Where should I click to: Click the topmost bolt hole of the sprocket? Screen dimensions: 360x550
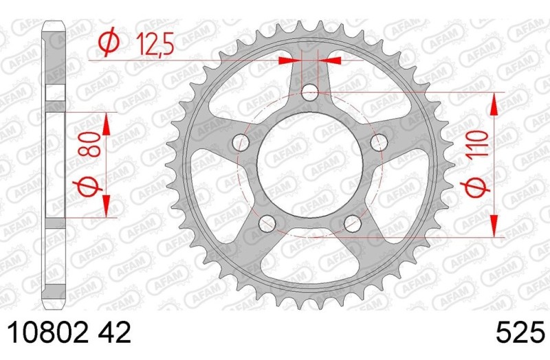point(310,92)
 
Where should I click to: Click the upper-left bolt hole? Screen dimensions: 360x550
point(240,142)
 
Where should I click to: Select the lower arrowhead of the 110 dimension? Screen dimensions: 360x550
point(494,227)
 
